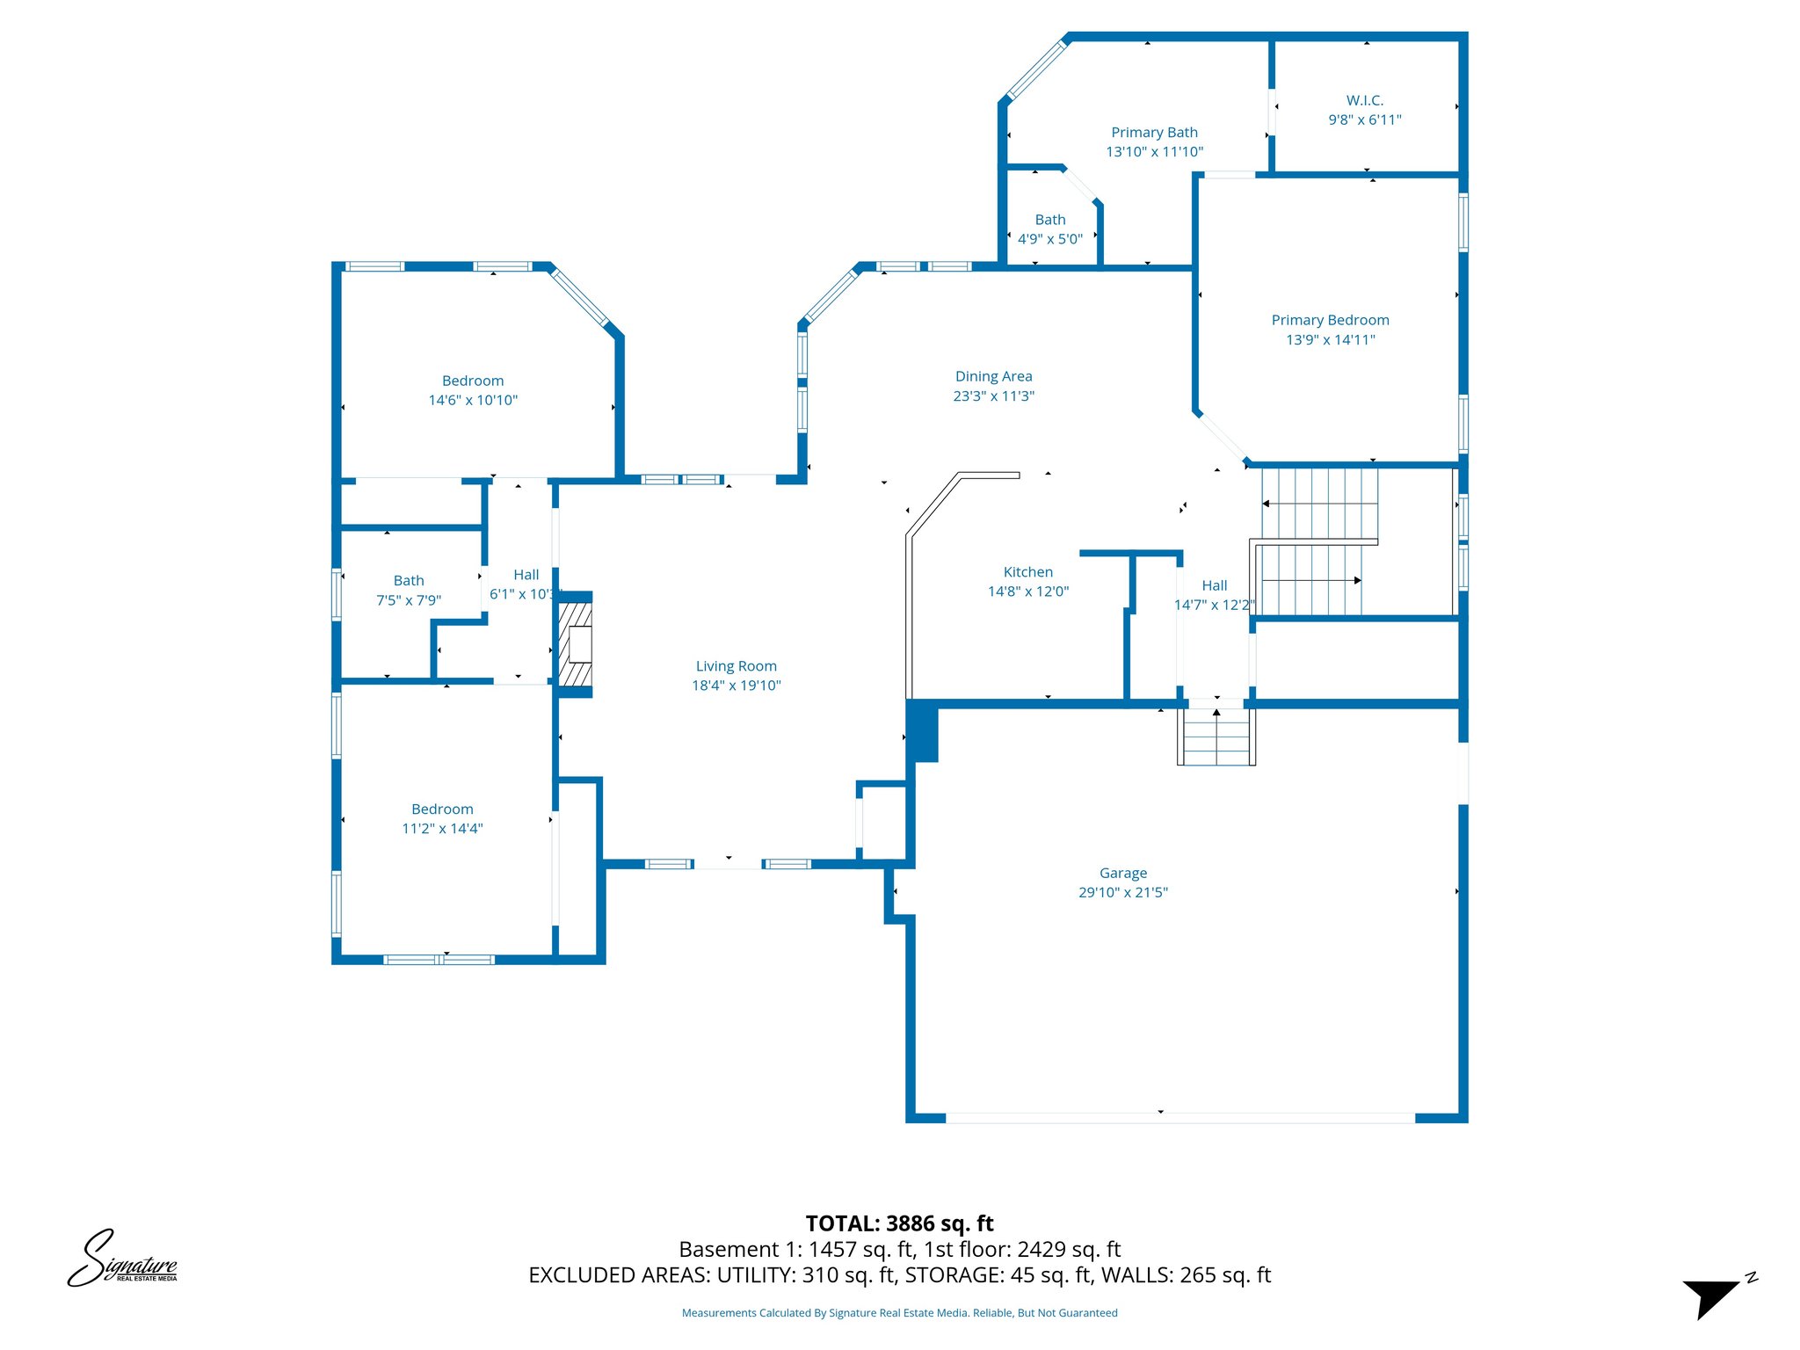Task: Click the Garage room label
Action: (1122, 873)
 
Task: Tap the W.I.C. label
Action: (1364, 100)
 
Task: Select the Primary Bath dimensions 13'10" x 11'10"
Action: (1154, 152)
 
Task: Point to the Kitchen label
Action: (1027, 572)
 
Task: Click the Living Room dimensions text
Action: (736, 686)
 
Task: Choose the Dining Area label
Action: (993, 376)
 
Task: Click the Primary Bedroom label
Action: (1330, 320)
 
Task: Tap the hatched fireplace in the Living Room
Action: (576, 644)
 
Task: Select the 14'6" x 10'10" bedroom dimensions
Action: (473, 401)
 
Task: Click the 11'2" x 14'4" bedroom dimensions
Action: (442, 829)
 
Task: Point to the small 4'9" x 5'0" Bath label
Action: (1049, 220)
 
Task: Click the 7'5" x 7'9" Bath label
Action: (408, 581)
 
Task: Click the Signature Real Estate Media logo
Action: (122, 1260)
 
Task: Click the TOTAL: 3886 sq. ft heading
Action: (899, 1223)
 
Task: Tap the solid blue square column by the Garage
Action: (922, 731)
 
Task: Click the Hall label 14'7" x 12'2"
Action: (1214, 586)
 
